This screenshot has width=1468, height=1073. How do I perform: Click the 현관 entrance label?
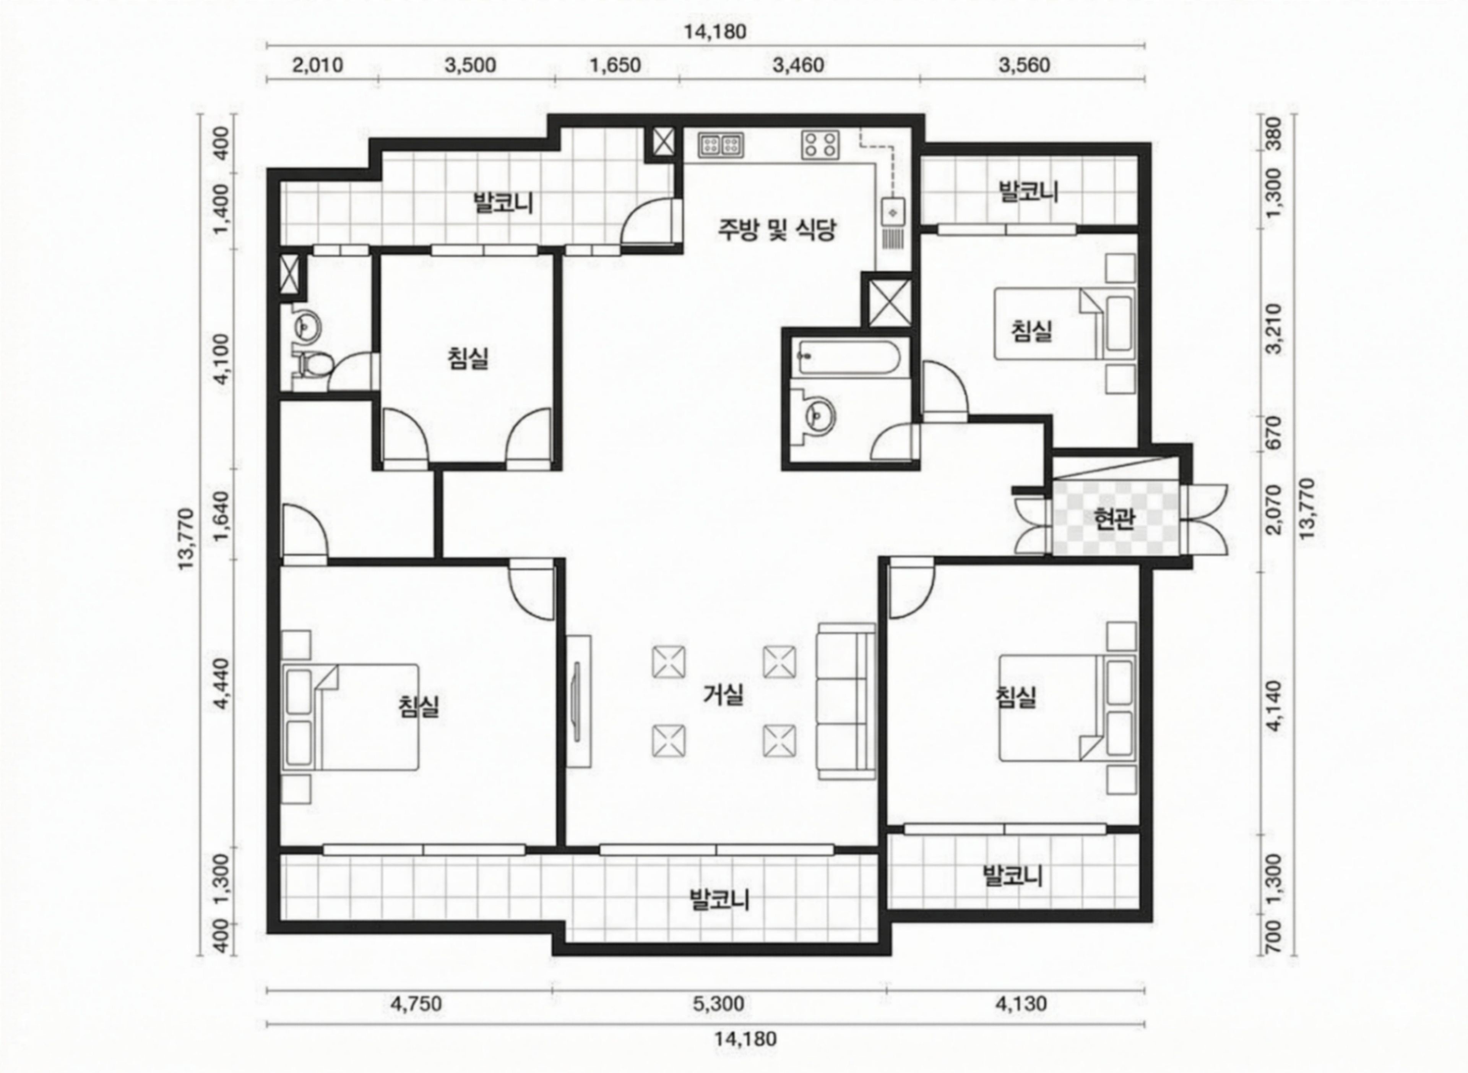(x=1114, y=519)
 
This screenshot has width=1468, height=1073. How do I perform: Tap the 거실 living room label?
(x=723, y=695)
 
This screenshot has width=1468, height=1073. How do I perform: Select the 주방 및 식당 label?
(x=776, y=229)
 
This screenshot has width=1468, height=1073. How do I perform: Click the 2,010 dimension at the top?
(x=318, y=65)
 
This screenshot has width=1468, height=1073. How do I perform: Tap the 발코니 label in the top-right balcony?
(x=1029, y=191)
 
